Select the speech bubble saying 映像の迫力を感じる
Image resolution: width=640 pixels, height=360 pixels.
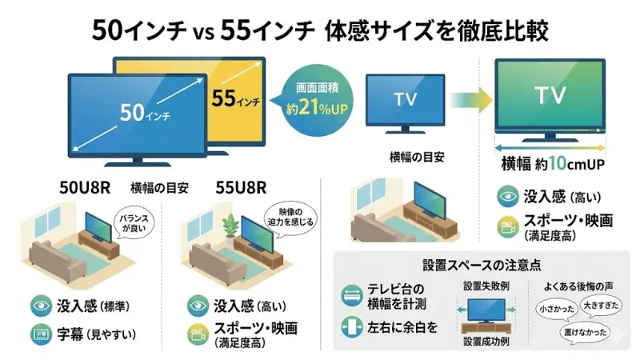[x=286, y=216]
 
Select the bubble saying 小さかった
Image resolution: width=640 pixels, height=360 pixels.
[x=557, y=306]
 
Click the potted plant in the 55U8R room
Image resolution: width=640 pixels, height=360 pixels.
[x=230, y=226]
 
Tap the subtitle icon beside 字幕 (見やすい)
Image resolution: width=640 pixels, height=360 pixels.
[x=38, y=332]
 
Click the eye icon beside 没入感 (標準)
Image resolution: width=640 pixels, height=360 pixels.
[x=38, y=305]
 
